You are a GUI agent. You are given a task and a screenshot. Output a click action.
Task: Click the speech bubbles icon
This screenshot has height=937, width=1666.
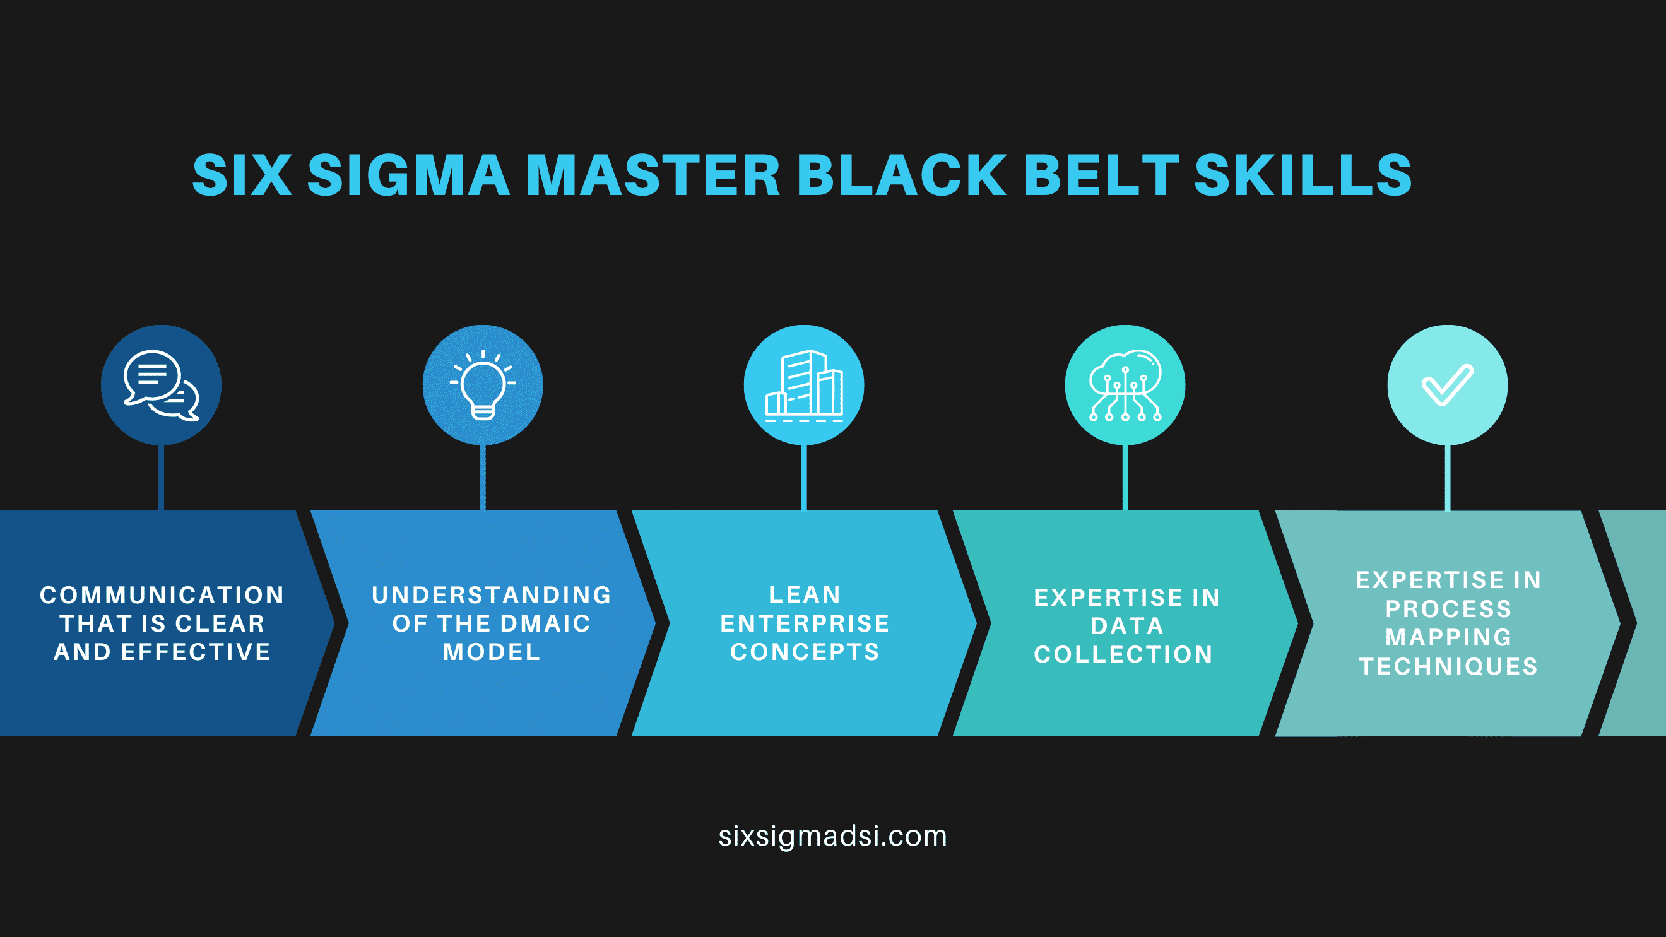tap(161, 386)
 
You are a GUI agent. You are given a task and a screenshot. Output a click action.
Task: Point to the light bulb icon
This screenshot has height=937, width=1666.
tap(483, 385)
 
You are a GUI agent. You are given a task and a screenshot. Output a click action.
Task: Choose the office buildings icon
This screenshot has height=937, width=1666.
tap(804, 386)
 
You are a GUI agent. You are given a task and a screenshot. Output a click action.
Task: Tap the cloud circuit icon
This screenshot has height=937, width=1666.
tap(1125, 386)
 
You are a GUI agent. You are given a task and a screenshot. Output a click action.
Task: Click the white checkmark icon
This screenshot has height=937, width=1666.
tap(1448, 385)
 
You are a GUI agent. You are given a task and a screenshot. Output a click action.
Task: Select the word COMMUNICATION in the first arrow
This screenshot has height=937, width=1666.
tap(162, 595)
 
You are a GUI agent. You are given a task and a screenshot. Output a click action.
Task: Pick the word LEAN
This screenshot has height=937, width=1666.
tap(805, 594)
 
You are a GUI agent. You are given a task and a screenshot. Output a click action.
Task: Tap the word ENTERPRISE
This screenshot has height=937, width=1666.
tap(805, 623)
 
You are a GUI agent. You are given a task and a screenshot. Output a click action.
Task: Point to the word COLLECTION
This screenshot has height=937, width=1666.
tap(1123, 654)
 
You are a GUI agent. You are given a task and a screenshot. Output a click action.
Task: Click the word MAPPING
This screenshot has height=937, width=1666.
tap(1449, 637)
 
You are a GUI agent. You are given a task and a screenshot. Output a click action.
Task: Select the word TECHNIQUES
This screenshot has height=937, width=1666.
tap(1449, 666)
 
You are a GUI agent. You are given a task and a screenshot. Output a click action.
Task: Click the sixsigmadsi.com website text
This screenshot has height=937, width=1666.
tap(833, 836)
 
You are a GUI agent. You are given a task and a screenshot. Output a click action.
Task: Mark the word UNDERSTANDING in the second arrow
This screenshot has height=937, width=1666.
tap(492, 595)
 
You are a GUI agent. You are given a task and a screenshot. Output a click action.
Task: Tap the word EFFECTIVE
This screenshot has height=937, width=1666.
tap(196, 652)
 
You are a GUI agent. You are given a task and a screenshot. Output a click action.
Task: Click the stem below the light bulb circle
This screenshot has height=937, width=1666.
tap(483, 477)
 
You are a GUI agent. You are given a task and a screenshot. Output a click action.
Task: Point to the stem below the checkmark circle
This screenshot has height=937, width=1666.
tap(1448, 477)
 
